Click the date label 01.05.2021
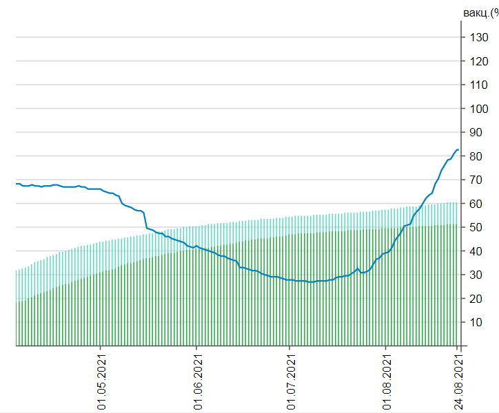coord(101,382)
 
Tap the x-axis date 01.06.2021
coord(197,382)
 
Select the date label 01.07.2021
coord(290,382)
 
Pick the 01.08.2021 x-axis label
coord(387,382)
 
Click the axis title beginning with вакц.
coord(480,12)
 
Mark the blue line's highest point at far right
coord(457,149)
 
